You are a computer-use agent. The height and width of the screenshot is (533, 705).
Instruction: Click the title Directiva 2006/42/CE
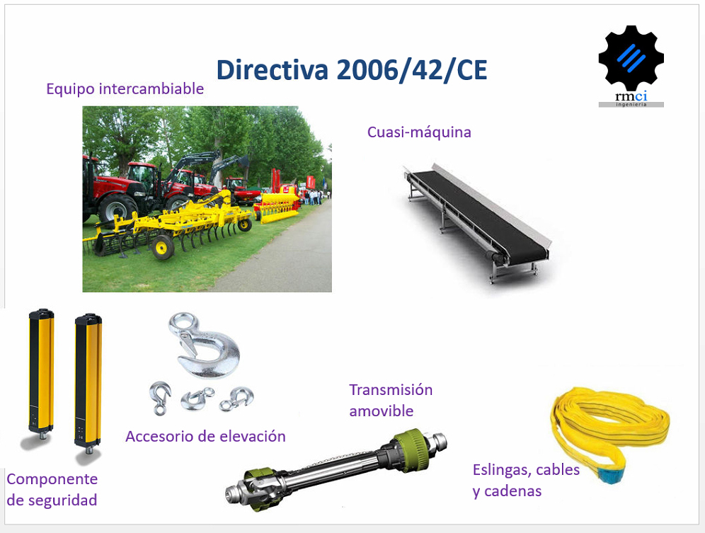click(352, 69)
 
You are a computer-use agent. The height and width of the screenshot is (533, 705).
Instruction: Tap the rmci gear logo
click(631, 66)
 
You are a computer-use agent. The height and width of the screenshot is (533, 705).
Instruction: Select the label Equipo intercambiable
click(125, 88)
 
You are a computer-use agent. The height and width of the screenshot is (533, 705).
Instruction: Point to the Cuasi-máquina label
click(419, 132)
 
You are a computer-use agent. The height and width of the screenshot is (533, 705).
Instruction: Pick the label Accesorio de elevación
click(205, 436)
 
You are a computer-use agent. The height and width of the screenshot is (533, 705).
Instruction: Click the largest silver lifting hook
click(204, 345)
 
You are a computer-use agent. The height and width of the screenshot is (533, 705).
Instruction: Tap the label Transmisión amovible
click(391, 401)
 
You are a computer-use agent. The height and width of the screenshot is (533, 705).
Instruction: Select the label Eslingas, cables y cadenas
click(526, 480)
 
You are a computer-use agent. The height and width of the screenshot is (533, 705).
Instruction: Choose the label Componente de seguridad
click(52, 489)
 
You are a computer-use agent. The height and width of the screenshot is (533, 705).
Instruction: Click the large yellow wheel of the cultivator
click(163, 247)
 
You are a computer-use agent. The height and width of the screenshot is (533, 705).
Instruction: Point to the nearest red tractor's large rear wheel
click(117, 210)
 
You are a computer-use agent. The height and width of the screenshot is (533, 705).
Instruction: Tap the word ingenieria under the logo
click(631, 104)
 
